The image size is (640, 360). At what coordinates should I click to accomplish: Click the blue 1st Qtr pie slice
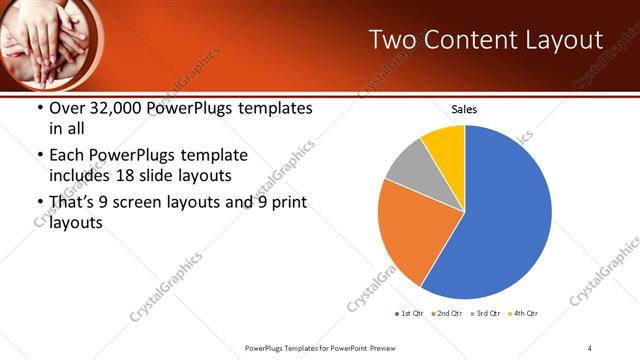click(500, 220)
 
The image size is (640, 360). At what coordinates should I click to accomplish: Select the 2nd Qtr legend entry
click(447, 314)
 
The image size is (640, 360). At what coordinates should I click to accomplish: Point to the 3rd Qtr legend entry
click(486, 314)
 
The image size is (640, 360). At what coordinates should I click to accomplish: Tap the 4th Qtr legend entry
click(524, 314)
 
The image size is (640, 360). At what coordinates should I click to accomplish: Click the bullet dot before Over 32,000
click(37, 108)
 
